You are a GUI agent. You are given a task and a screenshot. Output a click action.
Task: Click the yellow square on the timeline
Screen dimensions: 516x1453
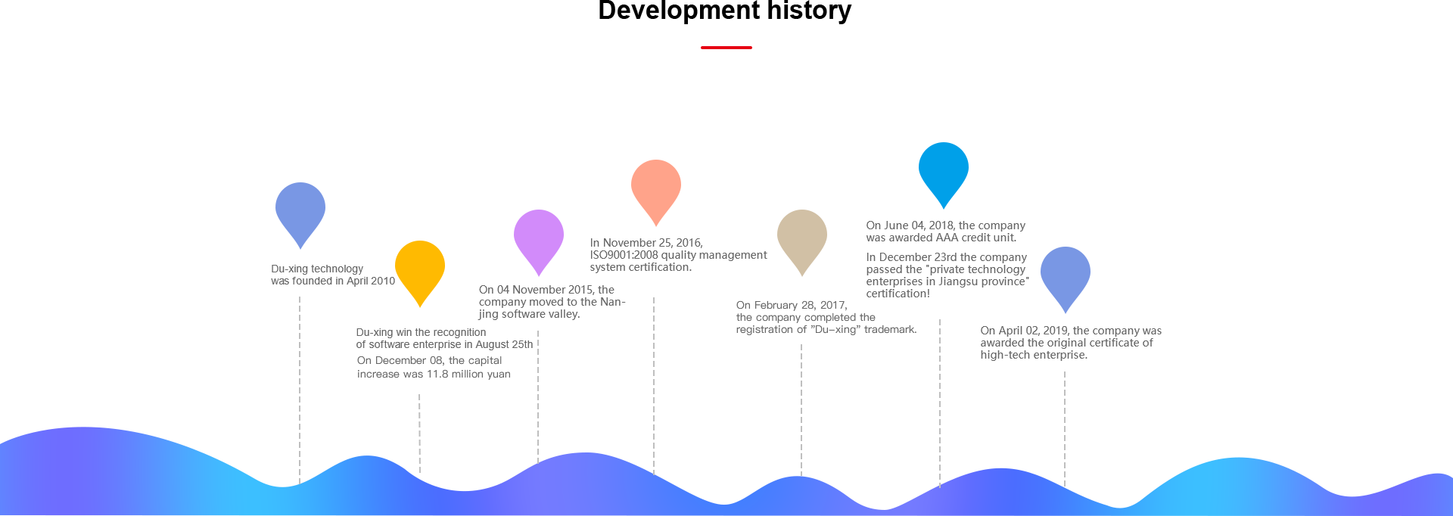(419, 273)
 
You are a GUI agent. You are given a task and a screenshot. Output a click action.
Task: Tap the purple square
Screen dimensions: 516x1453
(538, 242)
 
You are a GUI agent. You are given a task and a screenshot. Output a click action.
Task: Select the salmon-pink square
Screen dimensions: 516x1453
(655, 192)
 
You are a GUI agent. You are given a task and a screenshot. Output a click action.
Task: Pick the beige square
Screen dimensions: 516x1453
(801, 242)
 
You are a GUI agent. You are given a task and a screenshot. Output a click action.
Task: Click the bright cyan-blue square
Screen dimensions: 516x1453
(943, 175)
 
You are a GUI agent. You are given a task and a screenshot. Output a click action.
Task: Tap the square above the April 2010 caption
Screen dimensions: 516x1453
(300, 215)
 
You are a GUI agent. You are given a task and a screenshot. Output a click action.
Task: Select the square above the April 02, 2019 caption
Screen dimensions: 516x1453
(1065, 279)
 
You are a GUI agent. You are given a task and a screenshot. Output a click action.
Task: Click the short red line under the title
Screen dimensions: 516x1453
(726, 48)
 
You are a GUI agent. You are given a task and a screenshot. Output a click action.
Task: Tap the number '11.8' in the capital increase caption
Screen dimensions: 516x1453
(437, 374)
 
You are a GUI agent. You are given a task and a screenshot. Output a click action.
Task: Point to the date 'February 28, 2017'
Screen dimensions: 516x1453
(800, 305)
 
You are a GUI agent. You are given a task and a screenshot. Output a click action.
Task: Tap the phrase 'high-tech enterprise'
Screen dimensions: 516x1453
(1034, 355)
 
